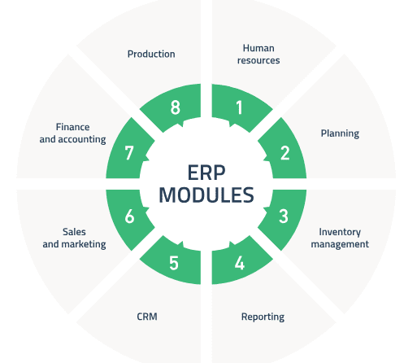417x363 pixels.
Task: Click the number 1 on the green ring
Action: point(239,107)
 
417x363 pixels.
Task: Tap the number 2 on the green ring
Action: point(285,153)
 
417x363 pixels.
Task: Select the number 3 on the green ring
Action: point(284,216)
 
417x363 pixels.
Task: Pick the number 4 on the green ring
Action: point(240,263)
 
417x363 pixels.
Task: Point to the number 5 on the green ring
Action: point(174,263)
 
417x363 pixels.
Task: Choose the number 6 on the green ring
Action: point(129,216)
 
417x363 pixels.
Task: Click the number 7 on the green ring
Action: point(129,153)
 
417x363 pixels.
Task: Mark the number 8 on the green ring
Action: point(176,107)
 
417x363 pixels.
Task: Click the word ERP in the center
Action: point(206,173)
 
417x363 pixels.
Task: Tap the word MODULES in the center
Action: point(206,195)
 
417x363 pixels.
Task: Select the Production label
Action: point(151,54)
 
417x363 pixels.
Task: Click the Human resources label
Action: point(258,54)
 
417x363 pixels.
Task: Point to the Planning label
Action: point(340,133)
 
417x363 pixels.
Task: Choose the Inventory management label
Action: point(340,238)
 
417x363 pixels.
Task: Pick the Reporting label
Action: point(263,317)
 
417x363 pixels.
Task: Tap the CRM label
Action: point(147,317)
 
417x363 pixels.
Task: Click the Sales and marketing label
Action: point(74,238)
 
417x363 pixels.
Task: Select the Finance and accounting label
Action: point(72,133)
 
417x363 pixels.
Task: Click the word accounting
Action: point(82,139)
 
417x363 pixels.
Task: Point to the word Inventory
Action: point(340,232)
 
